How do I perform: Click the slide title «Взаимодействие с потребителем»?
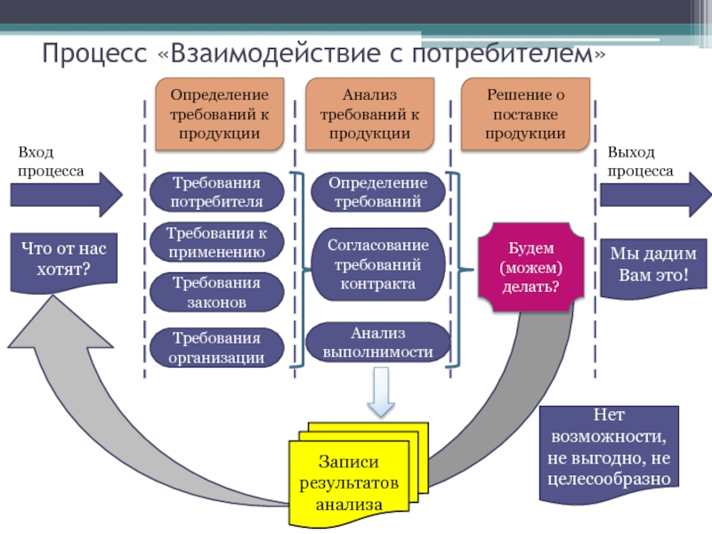coord(324,54)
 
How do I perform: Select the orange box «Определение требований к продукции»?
coord(219,113)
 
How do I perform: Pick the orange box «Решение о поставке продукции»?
coord(525,113)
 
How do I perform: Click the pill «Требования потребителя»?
coord(217,191)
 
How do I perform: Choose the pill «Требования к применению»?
coord(217,241)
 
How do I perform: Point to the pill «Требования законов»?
coord(217,293)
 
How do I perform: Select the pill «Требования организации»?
coord(217,348)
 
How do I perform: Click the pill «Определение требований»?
coord(377,191)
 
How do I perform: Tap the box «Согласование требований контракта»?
coord(377,263)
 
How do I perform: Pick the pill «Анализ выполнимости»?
coord(377,343)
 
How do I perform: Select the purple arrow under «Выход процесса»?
coord(655,194)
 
